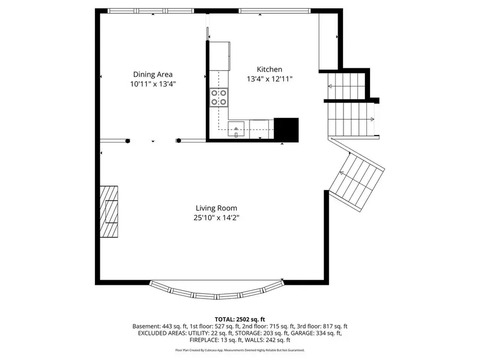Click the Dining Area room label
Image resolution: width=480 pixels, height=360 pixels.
pos(153,75)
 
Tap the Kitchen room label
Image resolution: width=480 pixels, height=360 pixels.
pos(269,69)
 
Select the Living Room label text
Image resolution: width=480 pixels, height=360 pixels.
pos(216,208)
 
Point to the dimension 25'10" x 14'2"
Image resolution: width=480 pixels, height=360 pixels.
pos(216,218)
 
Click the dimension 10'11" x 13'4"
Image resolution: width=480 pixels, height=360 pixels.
pos(153,84)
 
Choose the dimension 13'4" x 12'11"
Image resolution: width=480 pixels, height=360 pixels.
pos(269,79)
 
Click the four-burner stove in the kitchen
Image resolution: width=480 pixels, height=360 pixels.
pos(219,97)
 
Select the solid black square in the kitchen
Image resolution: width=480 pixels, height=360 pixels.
pos(286,129)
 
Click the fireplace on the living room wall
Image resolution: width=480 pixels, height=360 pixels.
pos(109,212)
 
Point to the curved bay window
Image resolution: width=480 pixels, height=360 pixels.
pos(216,292)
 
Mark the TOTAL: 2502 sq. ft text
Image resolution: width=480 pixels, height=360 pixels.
pos(239,318)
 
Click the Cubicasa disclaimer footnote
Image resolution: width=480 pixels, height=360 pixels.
pos(239,350)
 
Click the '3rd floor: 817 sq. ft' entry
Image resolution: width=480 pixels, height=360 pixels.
pos(319,326)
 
